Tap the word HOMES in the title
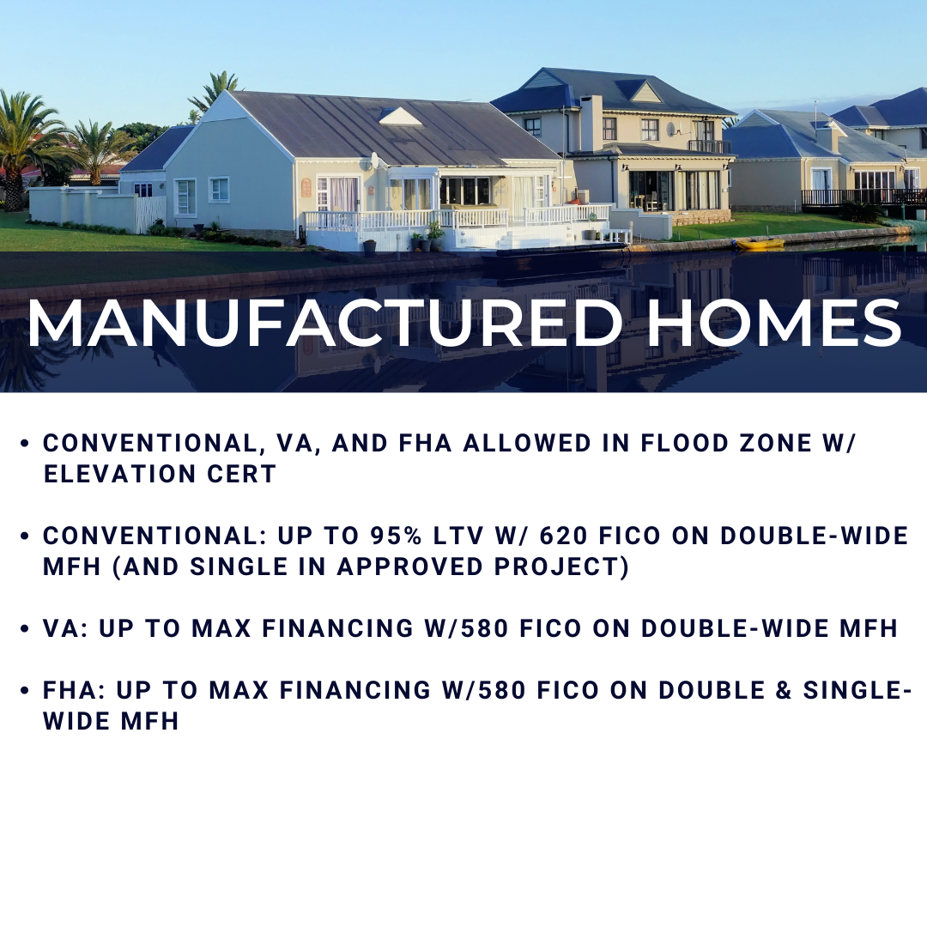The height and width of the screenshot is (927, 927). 774,324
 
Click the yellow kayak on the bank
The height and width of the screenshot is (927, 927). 759,243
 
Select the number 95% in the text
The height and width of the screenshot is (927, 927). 396,536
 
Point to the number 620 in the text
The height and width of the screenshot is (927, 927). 563,536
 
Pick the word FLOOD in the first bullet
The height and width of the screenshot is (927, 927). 679,444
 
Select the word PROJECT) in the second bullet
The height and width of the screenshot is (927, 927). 561,566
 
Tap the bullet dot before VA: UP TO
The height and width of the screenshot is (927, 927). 24,628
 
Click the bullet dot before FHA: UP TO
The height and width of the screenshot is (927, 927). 24,690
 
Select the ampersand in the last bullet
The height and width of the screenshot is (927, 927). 784,690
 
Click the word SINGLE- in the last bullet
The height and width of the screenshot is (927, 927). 857,690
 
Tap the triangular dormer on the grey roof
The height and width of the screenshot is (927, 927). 400,117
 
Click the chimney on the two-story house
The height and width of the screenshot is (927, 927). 591,123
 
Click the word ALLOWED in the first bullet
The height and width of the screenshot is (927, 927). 527,444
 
